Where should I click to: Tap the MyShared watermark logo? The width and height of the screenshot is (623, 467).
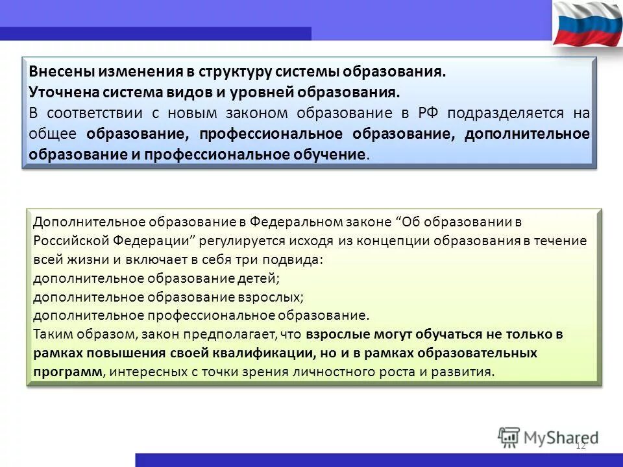pos(548,437)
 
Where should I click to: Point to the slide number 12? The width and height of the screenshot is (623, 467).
pos(581,446)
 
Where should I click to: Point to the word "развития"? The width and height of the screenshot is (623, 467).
pos(467,372)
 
